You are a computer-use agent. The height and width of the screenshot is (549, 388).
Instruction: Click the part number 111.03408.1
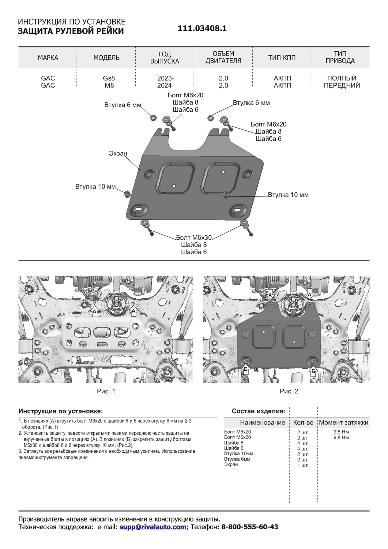[202, 29]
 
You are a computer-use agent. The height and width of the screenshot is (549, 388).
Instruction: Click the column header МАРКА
[48, 58]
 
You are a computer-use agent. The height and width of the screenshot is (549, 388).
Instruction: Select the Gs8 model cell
[109, 78]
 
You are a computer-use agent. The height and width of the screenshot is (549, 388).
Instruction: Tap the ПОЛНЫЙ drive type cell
[342, 78]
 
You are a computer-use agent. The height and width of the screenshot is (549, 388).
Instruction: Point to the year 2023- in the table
[165, 78]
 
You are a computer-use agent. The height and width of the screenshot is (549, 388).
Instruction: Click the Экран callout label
[118, 153]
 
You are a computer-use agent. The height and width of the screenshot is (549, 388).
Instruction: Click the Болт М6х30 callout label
[194, 238]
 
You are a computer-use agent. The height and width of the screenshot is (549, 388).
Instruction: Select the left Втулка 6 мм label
[123, 105]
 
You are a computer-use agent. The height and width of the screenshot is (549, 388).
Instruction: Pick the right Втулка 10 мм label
[288, 195]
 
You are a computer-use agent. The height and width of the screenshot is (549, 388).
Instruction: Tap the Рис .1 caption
[106, 391]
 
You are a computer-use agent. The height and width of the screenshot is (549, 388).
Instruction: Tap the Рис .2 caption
[289, 391]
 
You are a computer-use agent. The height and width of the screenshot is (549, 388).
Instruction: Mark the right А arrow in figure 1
[133, 311]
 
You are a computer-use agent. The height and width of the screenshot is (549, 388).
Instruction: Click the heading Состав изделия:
[259, 411]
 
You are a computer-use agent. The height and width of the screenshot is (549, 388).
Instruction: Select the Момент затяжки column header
[343, 422]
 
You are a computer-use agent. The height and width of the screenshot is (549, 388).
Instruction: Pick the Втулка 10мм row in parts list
[238, 453]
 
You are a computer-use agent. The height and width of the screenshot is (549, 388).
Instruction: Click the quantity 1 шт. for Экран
[302, 465]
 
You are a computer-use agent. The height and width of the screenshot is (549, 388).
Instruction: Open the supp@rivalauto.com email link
[154, 527]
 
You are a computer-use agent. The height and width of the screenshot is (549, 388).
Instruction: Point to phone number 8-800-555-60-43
[250, 527]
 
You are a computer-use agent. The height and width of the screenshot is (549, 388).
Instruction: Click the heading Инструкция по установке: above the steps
[61, 411]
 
